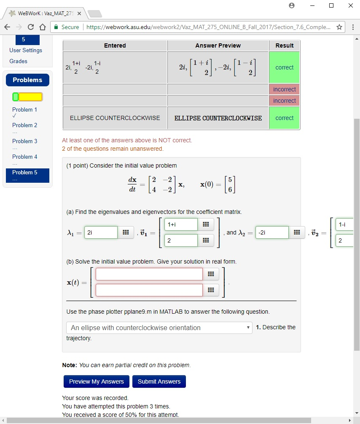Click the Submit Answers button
(159, 381)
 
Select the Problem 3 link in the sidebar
(24, 141)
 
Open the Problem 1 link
(24, 109)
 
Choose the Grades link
(18, 61)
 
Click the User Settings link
(26, 50)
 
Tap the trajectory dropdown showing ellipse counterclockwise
(159, 328)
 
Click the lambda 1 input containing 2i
(101, 232)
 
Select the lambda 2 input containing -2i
(271, 232)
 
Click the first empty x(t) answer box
(149, 274)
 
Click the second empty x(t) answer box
(149, 290)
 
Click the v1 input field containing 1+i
(180, 224)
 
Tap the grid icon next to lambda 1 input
(125, 232)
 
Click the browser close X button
(350, 5)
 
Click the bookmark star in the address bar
(339, 27)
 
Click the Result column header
(284, 45)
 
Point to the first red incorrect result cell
(284, 89)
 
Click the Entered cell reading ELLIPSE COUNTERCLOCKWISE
(115, 118)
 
